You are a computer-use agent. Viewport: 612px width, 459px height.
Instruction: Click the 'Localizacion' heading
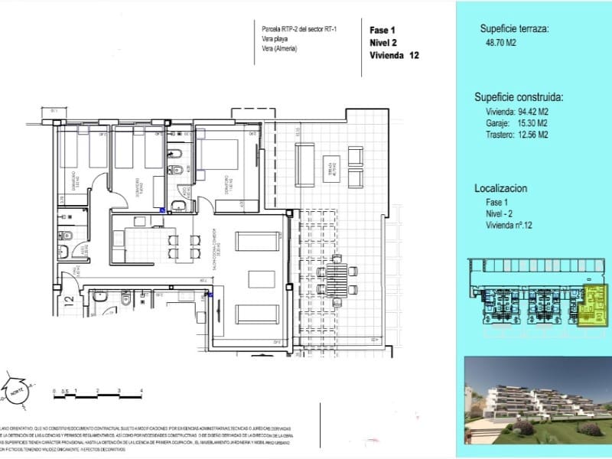(501, 187)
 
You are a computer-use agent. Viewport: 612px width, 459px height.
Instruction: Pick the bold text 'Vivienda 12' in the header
(395, 56)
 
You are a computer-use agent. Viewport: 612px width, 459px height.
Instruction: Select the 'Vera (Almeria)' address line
(278, 49)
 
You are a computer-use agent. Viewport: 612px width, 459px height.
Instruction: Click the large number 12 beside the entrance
(69, 300)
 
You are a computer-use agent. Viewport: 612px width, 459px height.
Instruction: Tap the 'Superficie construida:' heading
(519, 97)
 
